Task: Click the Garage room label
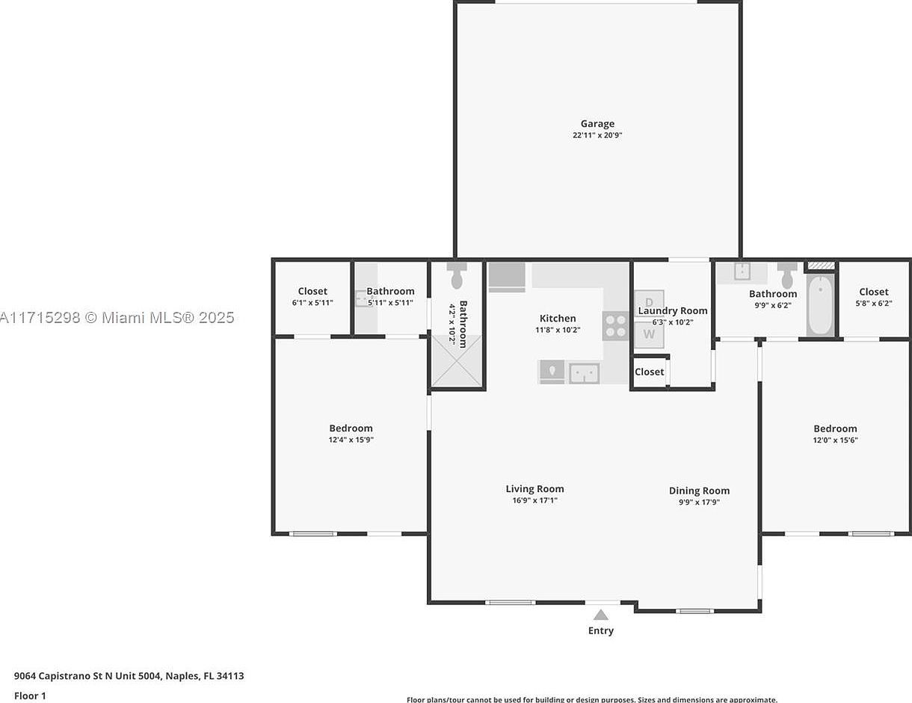[x=597, y=124]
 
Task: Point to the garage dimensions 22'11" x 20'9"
[x=597, y=135]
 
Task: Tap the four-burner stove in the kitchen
[x=616, y=325]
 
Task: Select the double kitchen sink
[x=584, y=372]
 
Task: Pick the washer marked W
[x=649, y=334]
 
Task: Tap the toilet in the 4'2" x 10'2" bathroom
[x=457, y=276]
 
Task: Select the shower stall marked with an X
[x=457, y=360]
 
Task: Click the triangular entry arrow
[x=600, y=615]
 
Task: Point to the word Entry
[x=600, y=630]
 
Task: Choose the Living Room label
[x=534, y=489]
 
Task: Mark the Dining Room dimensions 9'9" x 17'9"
[x=699, y=503]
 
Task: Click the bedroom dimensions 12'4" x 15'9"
[x=351, y=440]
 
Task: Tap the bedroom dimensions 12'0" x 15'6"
[x=835, y=440]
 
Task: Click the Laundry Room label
[x=672, y=311]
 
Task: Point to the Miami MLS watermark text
[x=117, y=318]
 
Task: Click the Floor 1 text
[x=30, y=696]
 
